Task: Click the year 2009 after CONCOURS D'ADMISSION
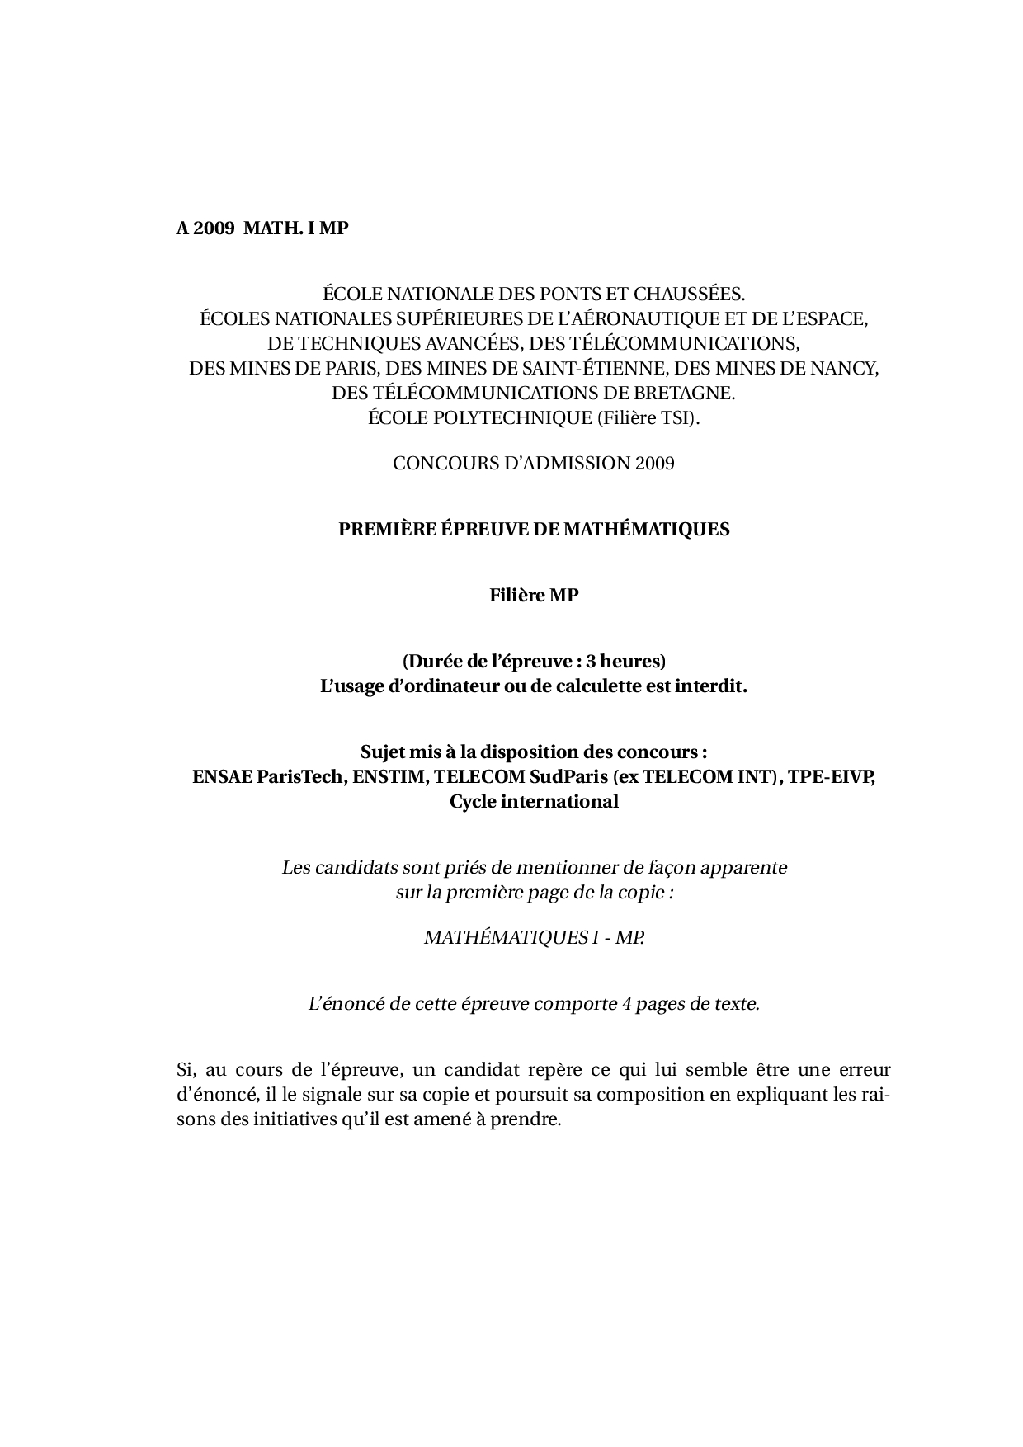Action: pyautogui.click(x=655, y=463)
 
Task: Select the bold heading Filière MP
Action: pyautogui.click(x=534, y=595)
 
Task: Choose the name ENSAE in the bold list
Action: pyautogui.click(x=218, y=776)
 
